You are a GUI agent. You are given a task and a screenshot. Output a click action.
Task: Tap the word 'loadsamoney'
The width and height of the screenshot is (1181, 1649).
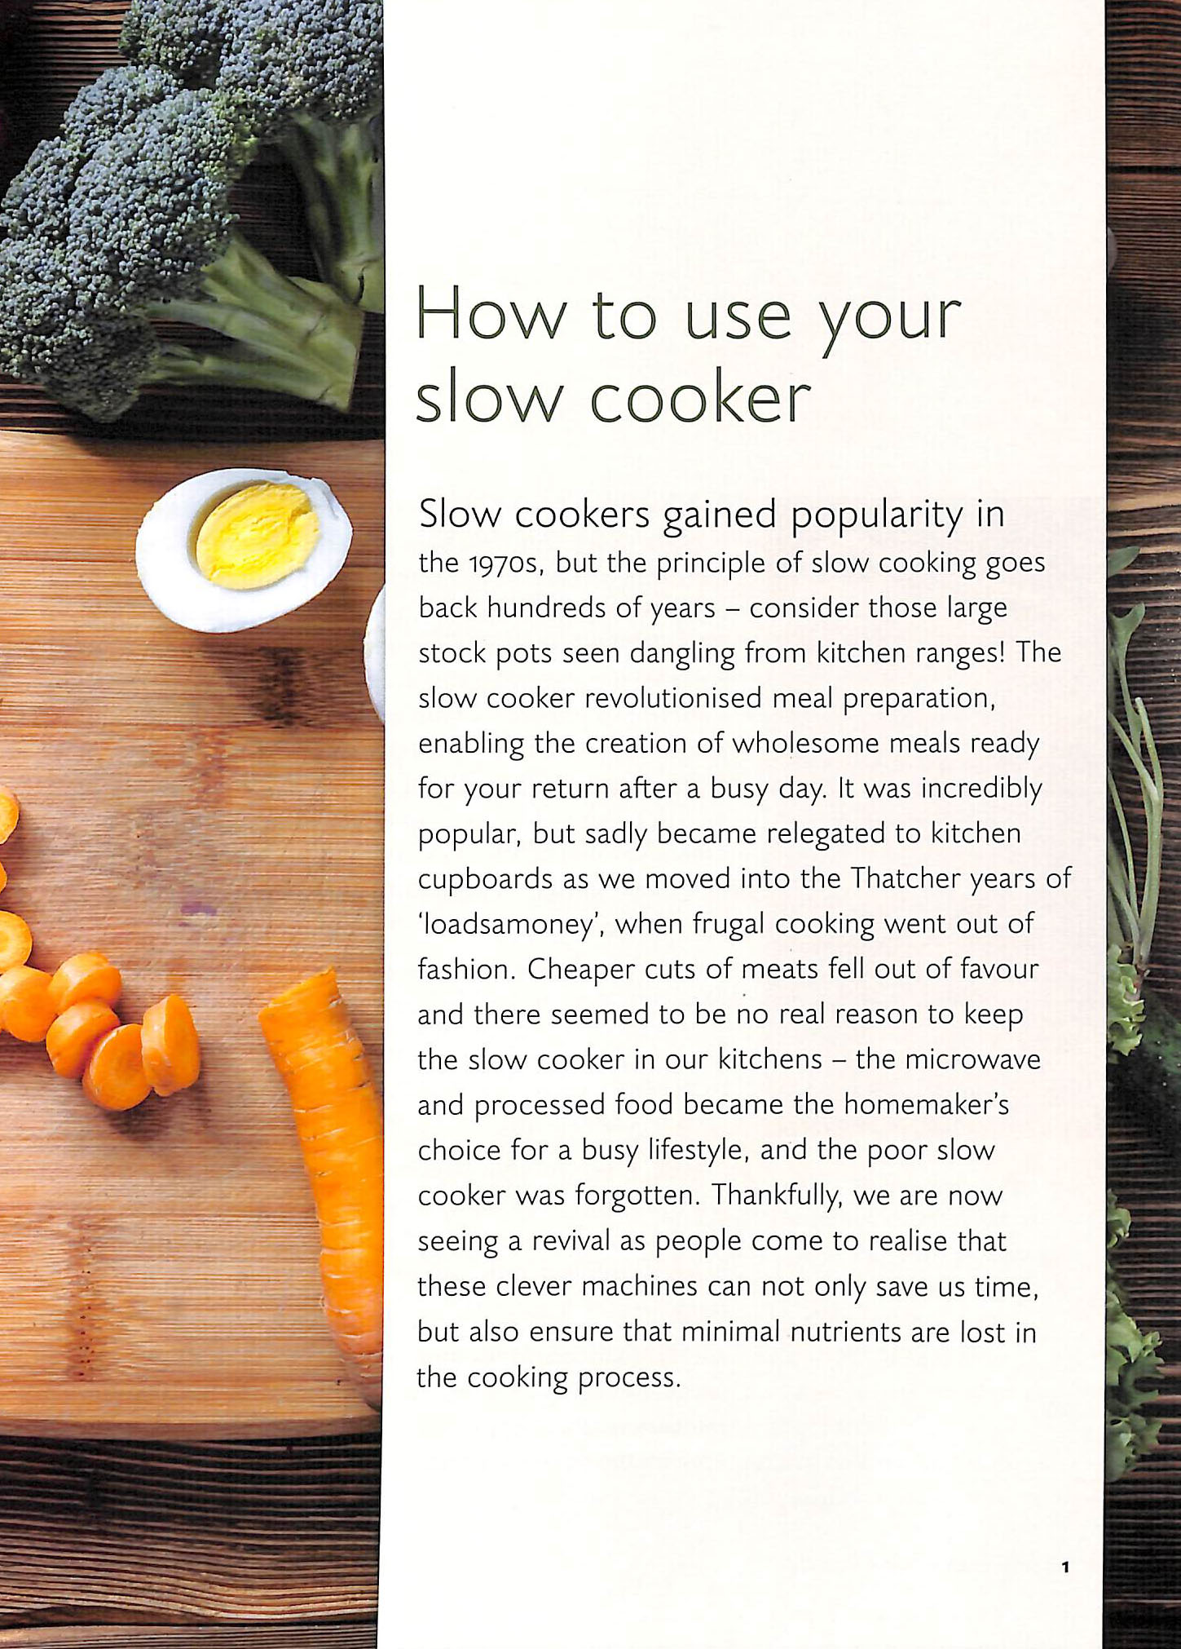[x=510, y=924]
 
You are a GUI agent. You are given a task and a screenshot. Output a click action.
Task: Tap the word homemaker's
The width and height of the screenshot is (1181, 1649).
[x=927, y=1104]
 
